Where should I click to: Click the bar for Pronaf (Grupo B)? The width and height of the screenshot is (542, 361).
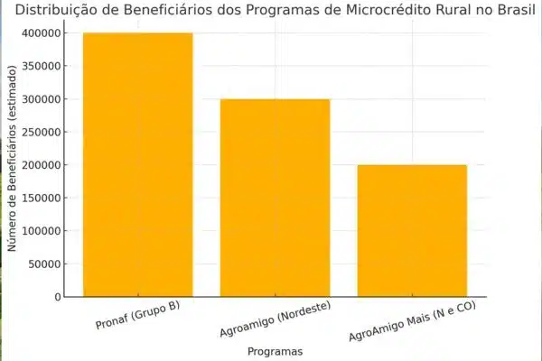[137, 165]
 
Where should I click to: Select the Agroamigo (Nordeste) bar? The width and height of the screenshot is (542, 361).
[276, 198]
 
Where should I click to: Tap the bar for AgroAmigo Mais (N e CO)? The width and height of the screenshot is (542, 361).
[413, 231]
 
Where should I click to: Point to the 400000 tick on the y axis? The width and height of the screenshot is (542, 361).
[42, 33]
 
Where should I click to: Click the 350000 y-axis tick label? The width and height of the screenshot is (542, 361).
[42, 66]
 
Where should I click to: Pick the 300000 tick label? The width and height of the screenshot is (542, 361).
[42, 99]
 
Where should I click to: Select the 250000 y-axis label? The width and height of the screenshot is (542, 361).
[42, 132]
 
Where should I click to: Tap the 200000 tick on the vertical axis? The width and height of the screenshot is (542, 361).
[42, 165]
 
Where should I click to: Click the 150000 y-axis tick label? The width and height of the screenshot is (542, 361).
[42, 198]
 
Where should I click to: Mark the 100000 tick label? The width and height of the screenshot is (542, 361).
[42, 231]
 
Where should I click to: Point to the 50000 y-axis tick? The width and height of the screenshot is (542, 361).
[46, 264]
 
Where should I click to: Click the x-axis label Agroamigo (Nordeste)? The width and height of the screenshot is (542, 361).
[275, 322]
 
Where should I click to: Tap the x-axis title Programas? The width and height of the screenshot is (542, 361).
[275, 351]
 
